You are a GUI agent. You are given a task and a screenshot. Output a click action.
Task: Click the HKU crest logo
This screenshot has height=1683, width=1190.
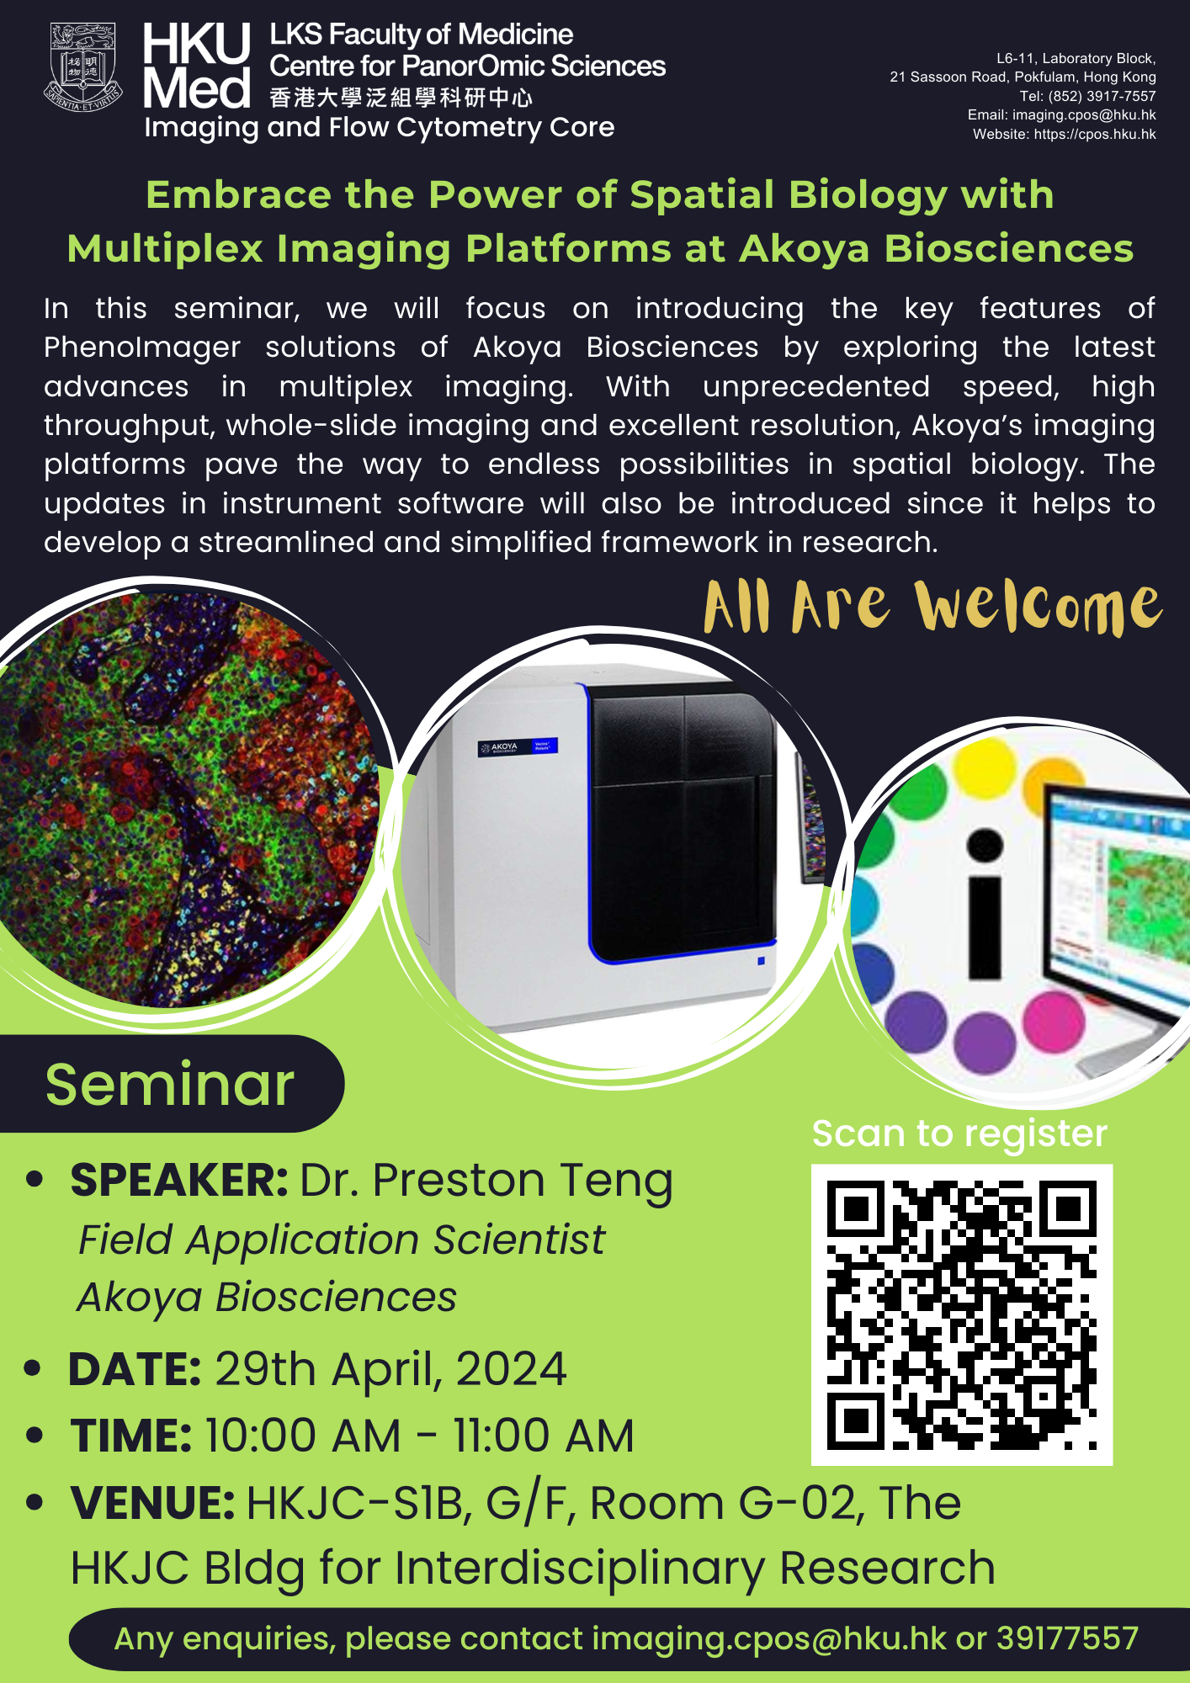click(x=82, y=67)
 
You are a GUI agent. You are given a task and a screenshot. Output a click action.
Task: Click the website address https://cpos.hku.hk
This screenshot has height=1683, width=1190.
click(x=1095, y=134)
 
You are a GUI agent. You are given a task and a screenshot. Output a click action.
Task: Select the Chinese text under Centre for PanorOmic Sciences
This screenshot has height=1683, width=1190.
click(x=401, y=98)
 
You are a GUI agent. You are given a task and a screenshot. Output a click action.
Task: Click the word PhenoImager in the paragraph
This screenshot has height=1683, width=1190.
click(x=142, y=348)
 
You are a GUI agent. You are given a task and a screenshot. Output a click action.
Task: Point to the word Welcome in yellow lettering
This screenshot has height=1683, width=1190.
click(x=1039, y=607)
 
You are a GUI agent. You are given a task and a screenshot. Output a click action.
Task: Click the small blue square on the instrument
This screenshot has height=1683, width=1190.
click(x=761, y=960)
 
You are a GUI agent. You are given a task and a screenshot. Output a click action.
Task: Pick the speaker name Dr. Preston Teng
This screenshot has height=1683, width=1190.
click(x=486, y=1181)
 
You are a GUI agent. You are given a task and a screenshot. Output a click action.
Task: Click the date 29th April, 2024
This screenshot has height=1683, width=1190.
click(x=390, y=1369)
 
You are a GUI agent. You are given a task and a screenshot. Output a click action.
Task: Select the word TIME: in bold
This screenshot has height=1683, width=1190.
click(x=131, y=1436)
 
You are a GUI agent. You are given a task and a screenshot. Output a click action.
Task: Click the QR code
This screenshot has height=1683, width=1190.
click(x=962, y=1314)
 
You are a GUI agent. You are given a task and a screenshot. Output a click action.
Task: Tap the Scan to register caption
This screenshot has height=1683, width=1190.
click(x=959, y=1134)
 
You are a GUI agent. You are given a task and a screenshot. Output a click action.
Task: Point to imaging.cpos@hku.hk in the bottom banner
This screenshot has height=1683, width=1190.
click(x=769, y=1638)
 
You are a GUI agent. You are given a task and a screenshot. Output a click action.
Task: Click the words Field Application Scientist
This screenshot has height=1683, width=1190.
click(x=342, y=1240)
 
